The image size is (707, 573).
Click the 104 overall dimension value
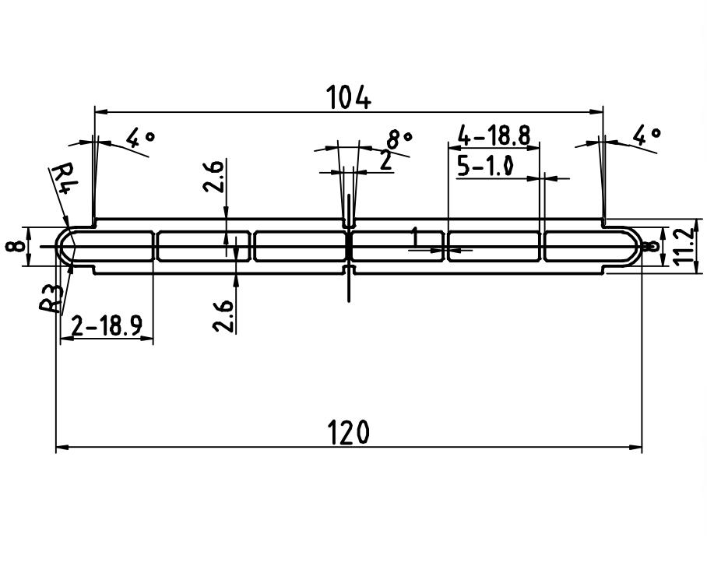tap(349, 98)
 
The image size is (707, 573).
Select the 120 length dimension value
tap(349, 434)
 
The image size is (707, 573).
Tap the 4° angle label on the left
tap(140, 139)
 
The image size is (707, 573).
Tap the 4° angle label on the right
tap(645, 137)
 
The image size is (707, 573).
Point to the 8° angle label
tap(399, 139)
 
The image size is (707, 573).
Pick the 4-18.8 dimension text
tap(494, 137)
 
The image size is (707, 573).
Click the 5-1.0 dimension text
tap(489, 167)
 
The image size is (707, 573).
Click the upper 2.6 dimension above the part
tap(216, 178)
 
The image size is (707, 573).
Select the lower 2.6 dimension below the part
tap(224, 315)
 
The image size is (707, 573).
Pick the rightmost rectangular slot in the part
tap(588, 246)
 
